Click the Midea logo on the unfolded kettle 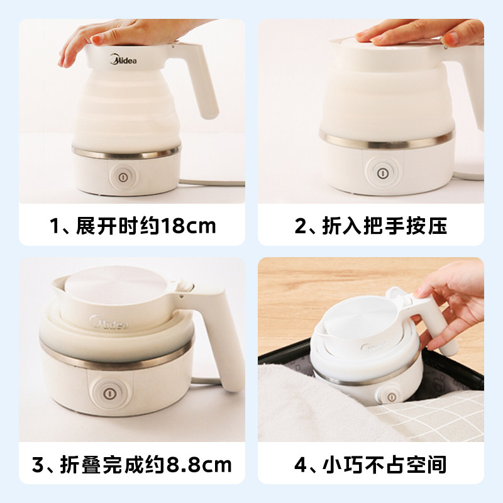[123, 60]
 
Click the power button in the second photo [382, 174]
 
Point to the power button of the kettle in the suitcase [391, 397]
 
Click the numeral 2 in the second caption [301, 226]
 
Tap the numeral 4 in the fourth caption [301, 465]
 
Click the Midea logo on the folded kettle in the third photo [109, 322]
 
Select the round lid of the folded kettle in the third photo [116, 284]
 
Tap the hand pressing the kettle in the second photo [420, 31]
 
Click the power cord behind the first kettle [212, 183]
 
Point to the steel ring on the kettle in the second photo [387, 140]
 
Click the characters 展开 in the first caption [96, 226]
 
